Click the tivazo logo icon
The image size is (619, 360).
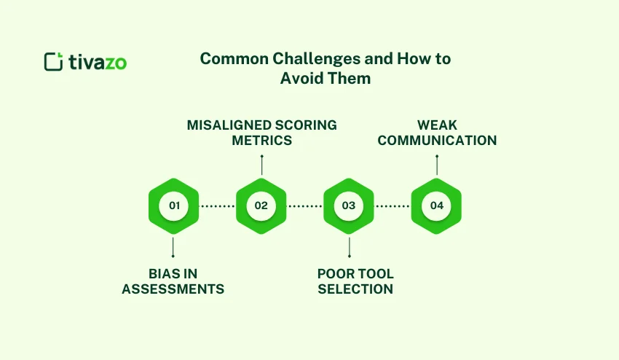[54, 61]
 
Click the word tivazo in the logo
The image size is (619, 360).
[97, 62]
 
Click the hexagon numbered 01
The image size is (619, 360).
[173, 206]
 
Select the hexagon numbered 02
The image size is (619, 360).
[261, 206]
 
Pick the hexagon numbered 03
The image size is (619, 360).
[348, 206]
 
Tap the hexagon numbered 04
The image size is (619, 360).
[436, 206]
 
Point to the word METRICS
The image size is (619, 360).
[261, 140]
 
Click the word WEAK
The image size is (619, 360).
[436, 125]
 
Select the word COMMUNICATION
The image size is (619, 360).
[436, 140]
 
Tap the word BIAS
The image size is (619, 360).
[162, 274]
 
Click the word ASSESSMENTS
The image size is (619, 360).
[173, 289]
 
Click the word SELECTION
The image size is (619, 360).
[355, 289]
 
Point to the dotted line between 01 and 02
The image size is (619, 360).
[217, 206]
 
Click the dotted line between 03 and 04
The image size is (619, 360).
[393, 206]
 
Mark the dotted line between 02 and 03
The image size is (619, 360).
[304, 206]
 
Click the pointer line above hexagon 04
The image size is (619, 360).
[436, 165]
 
